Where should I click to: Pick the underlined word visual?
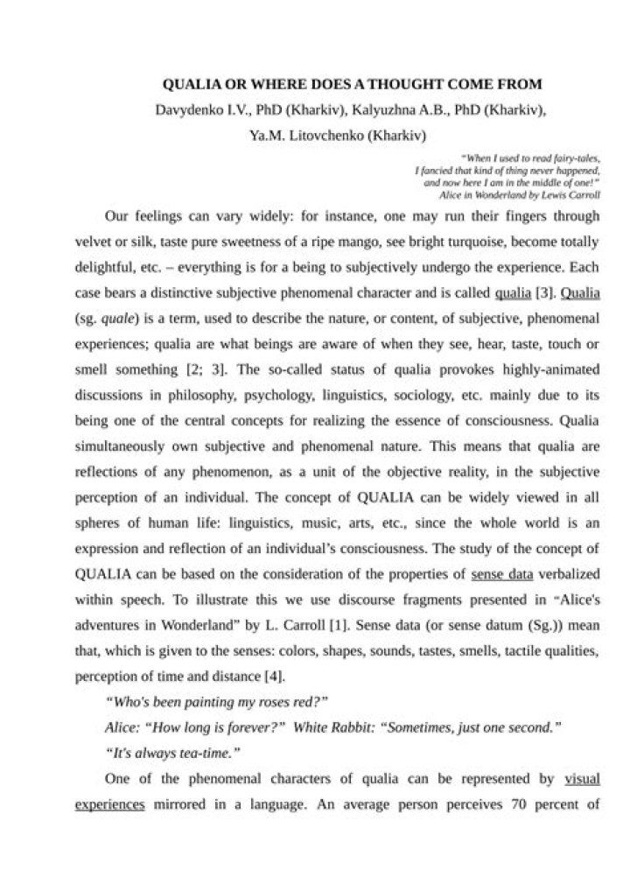point(582,776)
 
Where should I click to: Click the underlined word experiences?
point(110,801)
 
